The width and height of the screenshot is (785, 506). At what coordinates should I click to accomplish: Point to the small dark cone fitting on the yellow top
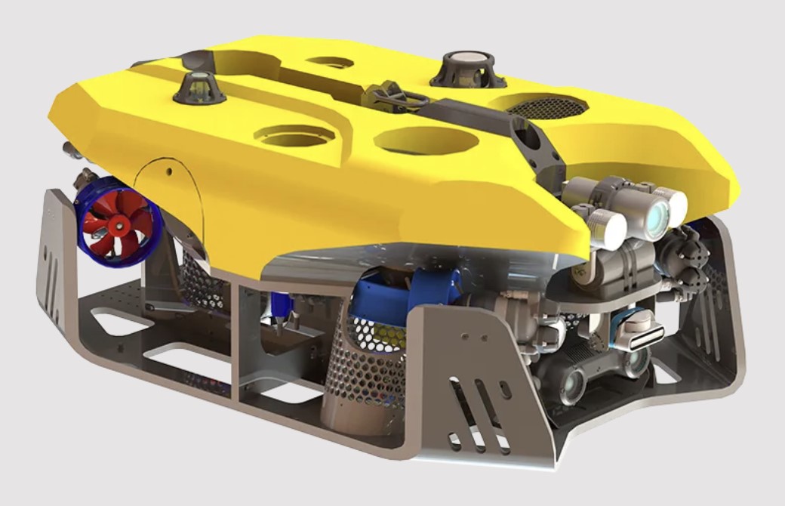(198, 86)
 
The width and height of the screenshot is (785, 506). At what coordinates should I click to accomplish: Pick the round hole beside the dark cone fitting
(295, 136)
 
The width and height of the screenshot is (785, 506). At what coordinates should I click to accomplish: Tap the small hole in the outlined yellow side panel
(170, 171)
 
